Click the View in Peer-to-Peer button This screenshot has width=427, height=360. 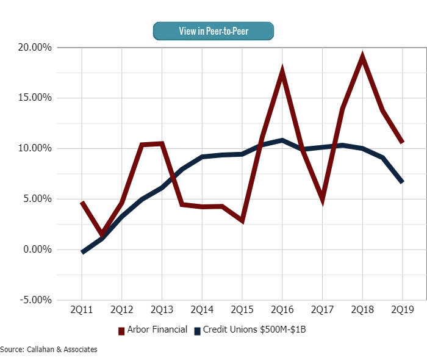(x=213, y=31)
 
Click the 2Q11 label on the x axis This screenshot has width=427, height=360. (x=82, y=310)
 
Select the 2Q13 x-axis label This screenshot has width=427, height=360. (x=162, y=310)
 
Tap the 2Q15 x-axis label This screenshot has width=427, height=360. (x=242, y=310)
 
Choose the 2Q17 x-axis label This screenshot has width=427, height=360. (x=322, y=310)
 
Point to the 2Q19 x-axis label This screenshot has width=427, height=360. (x=403, y=310)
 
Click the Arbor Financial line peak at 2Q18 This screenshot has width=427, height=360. (x=362, y=58)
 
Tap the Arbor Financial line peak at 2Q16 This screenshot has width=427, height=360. (x=282, y=73)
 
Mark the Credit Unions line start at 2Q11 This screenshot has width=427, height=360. (x=82, y=252)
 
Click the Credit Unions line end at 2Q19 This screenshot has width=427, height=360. (x=403, y=182)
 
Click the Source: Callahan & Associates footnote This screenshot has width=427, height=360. (x=49, y=350)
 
